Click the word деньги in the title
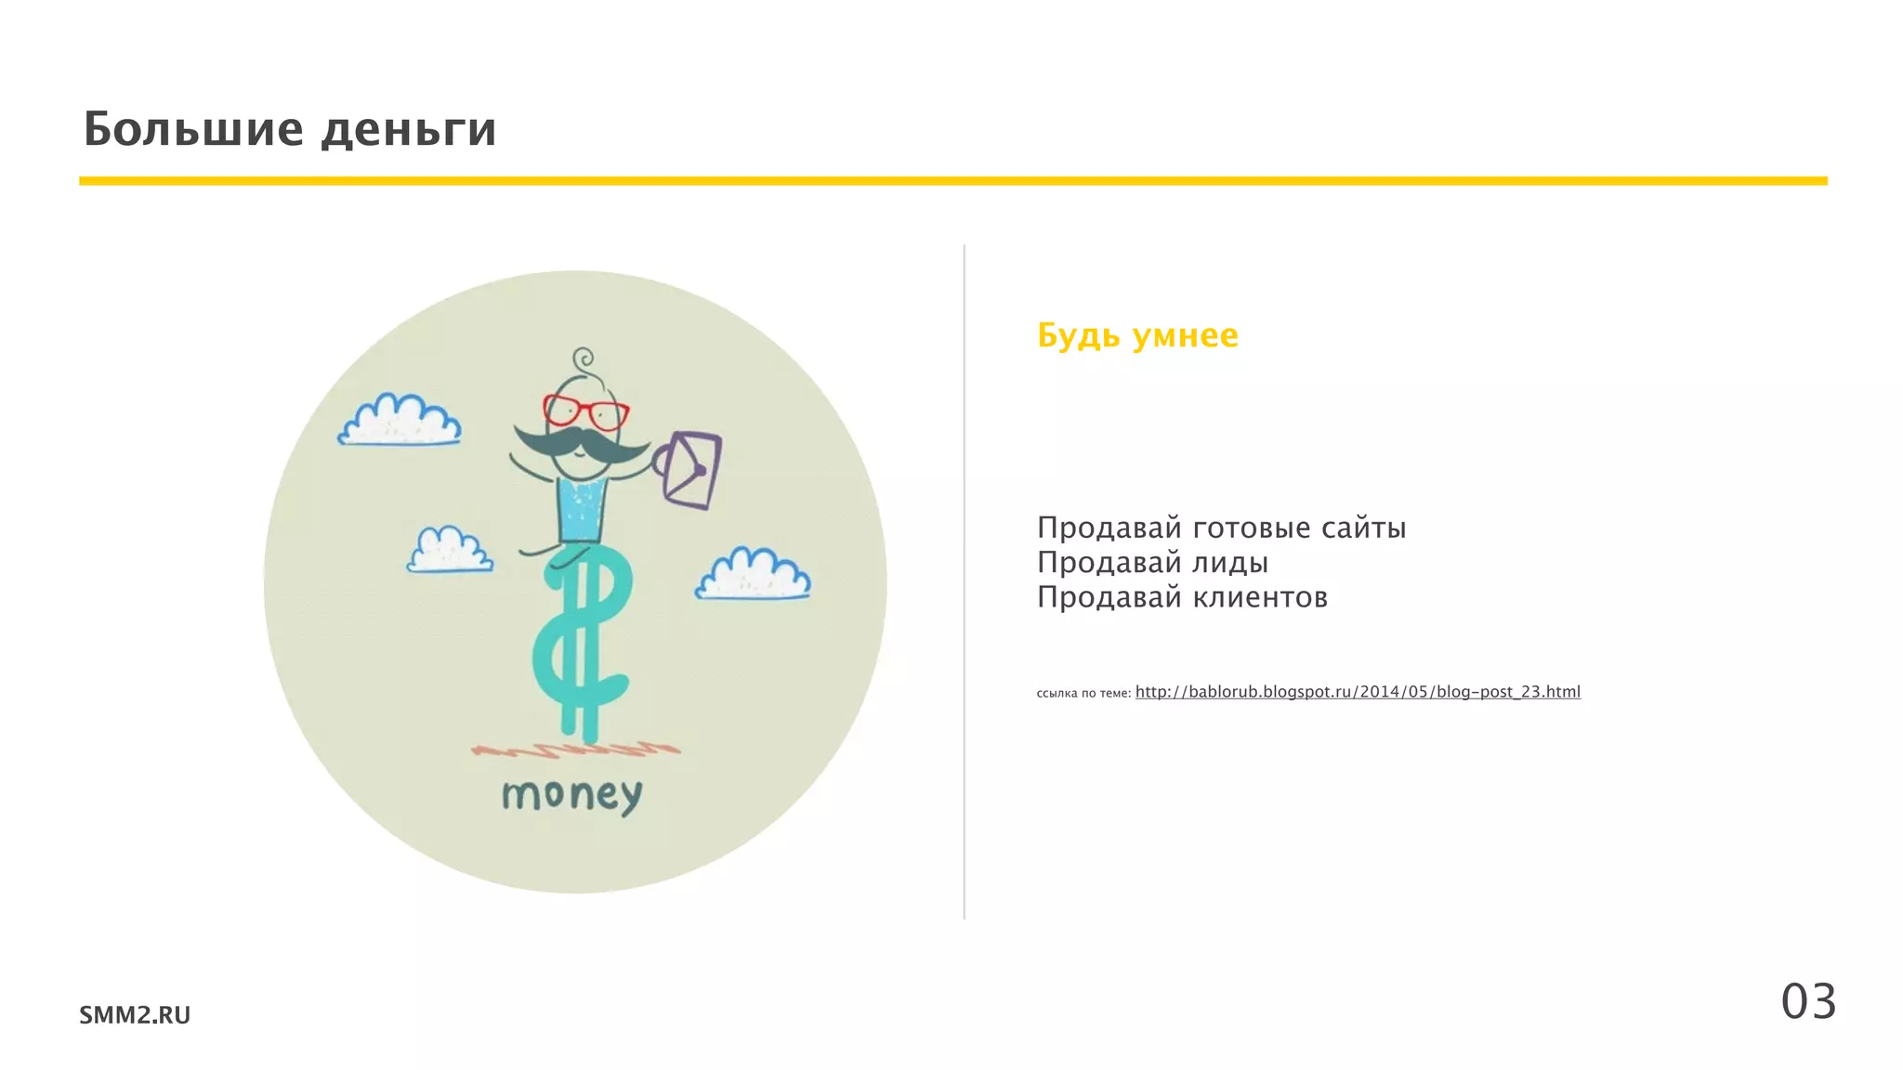pyautogui.click(x=409, y=130)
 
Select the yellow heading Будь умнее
pyautogui.click(x=1137, y=335)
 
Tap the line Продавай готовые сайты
pyautogui.click(x=1221, y=528)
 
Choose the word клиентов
pyautogui.click(x=1260, y=597)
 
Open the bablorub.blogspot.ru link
pyautogui.click(x=1358, y=692)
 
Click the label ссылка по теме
pyautogui.click(x=1083, y=693)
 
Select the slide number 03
pyautogui.click(x=1808, y=1002)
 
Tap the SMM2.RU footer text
pyautogui.click(x=135, y=1015)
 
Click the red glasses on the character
pyautogui.click(x=585, y=411)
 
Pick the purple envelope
pyautogui.click(x=692, y=469)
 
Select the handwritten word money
pyautogui.click(x=571, y=796)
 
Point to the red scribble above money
pyautogui.click(x=576, y=749)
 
